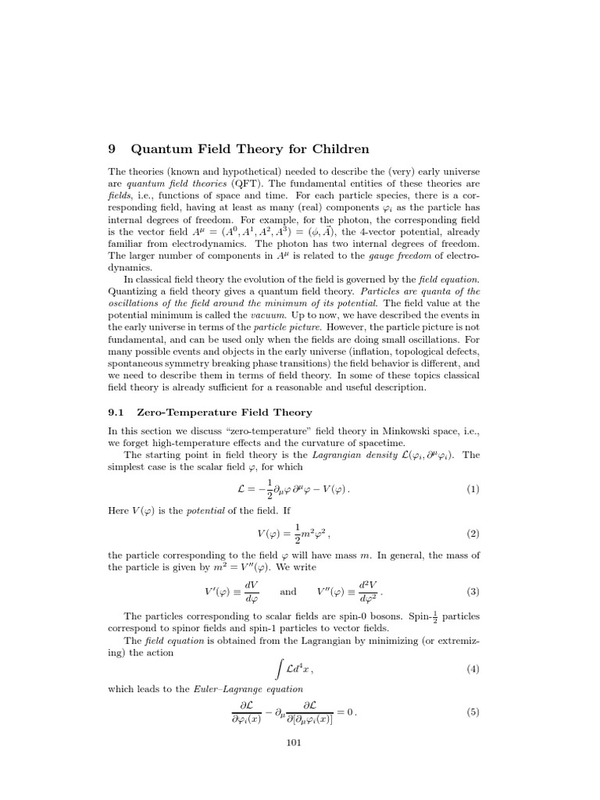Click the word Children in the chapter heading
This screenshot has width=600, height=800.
point(331,149)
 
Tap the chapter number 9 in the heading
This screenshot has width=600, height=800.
point(112,149)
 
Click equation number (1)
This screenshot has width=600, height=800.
point(473,490)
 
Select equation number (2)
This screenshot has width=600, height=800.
point(473,534)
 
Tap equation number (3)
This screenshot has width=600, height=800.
point(473,591)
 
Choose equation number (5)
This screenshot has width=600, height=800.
point(473,712)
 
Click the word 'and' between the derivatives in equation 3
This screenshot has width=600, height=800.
point(288,591)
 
